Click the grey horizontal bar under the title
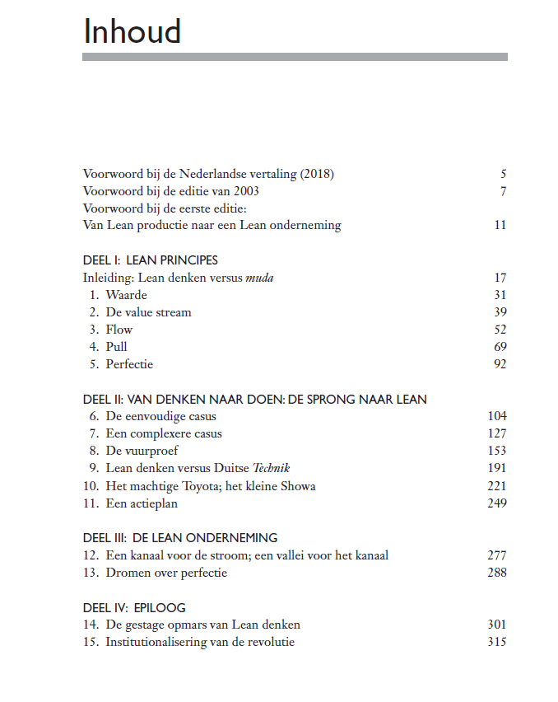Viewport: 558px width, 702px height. (x=295, y=57)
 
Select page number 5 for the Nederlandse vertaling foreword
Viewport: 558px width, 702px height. (x=503, y=174)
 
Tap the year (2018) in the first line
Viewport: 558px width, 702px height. (x=317, y=174)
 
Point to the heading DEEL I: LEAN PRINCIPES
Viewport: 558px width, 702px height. (x=151, y=260)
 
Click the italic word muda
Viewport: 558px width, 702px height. (x=259, y=278)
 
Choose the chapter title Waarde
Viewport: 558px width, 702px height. (x=126, y=295)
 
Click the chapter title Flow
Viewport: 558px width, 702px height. (x=119, y=330)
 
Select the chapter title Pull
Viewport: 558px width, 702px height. (x=116, y=347)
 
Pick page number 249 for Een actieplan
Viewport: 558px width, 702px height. (x=497, y=503)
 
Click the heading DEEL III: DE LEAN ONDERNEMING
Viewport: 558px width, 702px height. (x=180, y=538)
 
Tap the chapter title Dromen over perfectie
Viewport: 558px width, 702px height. (x=166, y=573)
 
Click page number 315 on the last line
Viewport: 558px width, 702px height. (x=497, y=642)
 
